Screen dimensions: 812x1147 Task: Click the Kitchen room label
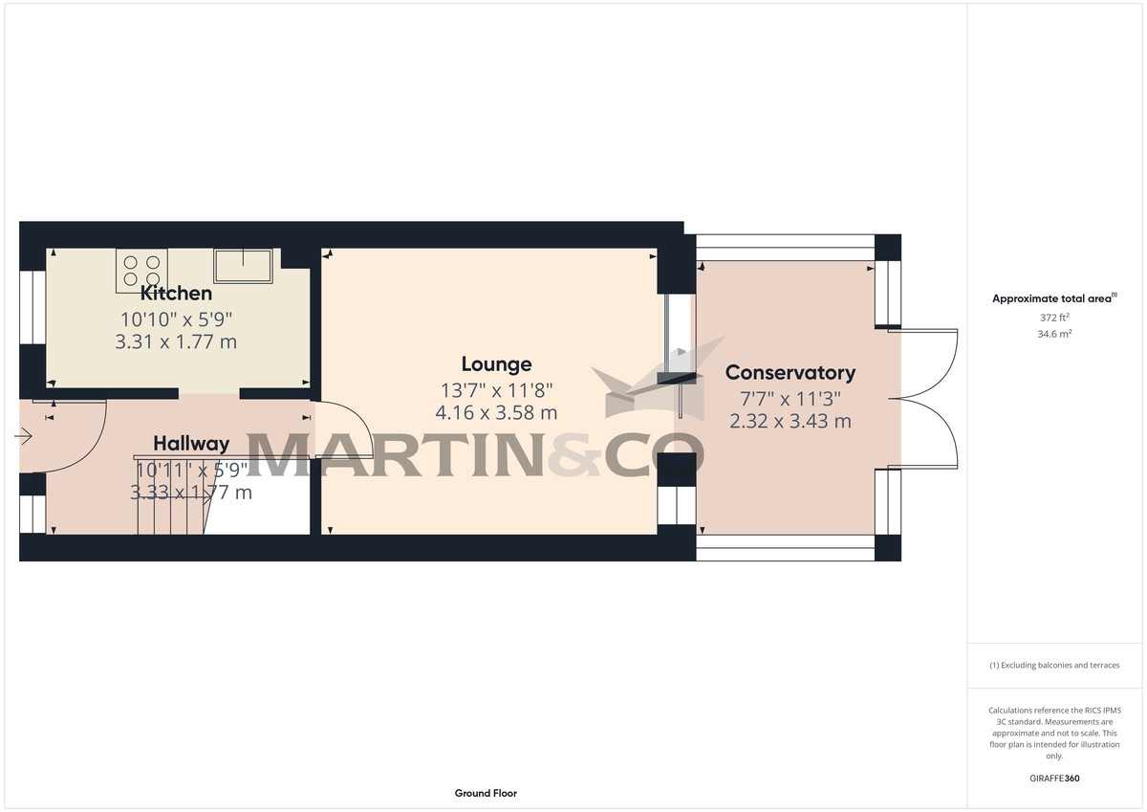pos(176,294)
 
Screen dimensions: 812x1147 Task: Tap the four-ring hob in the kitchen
pos(141,269)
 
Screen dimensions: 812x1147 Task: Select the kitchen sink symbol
pos(243,266)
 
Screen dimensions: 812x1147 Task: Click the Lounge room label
pos(496,364)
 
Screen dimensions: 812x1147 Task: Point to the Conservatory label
pos(790,373)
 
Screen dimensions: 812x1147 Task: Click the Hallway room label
pos(191,444)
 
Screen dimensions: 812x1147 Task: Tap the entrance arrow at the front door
pos(24,437)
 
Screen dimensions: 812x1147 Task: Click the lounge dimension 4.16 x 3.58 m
pos(496,413)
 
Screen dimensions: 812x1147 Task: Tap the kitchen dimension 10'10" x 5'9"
pos(176,318)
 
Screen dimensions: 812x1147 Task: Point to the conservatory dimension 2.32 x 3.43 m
pos(790,421)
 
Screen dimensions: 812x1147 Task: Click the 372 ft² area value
pos(1053,318)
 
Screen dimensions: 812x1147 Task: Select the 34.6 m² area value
pos(1053,334)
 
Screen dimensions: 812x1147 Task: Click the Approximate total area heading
pos(1053,299)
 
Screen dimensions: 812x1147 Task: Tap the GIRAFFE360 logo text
pos(1053,779)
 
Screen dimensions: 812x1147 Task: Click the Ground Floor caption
pos(486,793)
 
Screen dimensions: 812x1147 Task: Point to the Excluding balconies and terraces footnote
pos(1053,665)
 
